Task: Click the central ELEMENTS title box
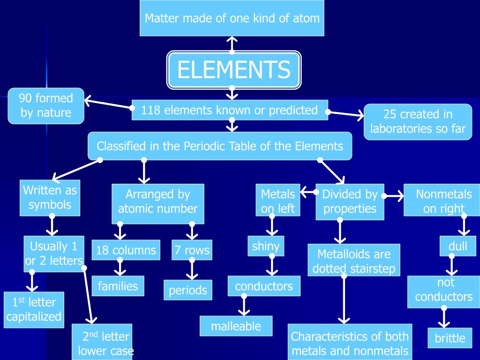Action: point(234,70)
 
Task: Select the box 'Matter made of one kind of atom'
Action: point(232,18)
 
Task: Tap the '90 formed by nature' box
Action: point(46,105)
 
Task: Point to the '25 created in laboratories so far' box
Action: point(418,121)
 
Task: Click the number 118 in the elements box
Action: point(151,110)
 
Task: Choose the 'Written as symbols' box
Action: point(50,197)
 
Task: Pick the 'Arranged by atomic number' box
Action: point(157,202)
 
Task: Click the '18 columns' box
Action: point(126,250)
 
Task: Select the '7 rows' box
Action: point(192,250)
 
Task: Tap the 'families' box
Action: point(118,286)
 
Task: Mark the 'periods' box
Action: point(188,290)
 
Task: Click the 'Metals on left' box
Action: point(278,201)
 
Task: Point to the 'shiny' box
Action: point(266,246)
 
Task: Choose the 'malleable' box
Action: point(236,326)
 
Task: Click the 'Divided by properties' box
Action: point(350,202)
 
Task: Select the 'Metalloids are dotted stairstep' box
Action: point(354,262)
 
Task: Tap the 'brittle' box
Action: point(450,338)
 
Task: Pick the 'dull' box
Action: point(457,246)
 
